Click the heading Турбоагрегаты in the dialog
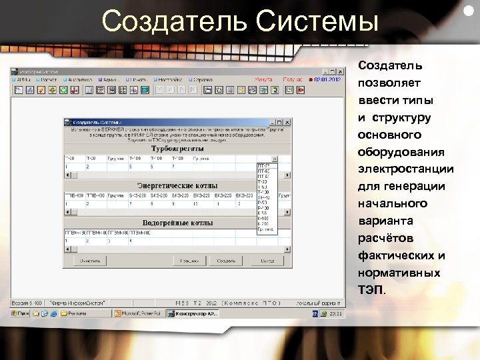point(177,149)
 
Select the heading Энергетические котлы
point(177,185)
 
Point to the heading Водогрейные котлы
point(177,222)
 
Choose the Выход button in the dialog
point(267,261)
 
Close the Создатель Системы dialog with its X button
point(287,122)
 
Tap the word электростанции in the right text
point(405,169)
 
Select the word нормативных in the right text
point(399,273)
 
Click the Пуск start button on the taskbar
point(22,312)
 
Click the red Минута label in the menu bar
point(263,79)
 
